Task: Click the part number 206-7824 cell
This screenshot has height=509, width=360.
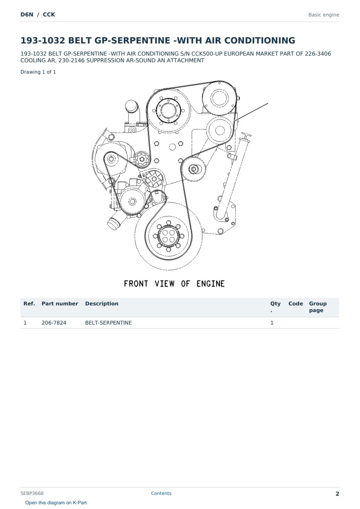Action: pos(54,323)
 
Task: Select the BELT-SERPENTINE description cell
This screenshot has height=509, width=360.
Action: pos(108,323)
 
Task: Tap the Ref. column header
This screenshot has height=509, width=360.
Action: pos(29,303)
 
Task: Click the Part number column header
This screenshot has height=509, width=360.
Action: pos(60,303)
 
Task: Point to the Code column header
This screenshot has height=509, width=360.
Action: pos(295,303)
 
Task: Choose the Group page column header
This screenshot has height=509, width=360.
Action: pos(318,307)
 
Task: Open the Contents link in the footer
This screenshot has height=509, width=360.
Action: pos(161,493)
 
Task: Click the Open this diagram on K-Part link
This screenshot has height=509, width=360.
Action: pos(56,503)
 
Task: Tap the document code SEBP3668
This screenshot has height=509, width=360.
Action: pos(32,493)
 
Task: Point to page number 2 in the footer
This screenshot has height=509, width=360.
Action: pos(337,494)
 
